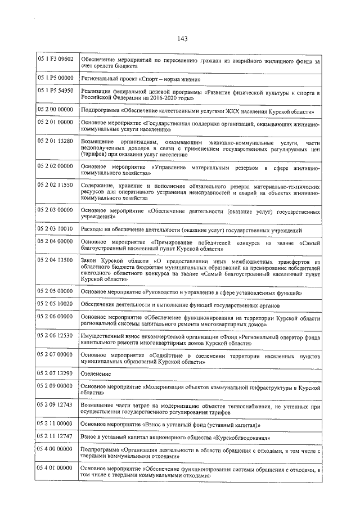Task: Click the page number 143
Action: pos(181,39)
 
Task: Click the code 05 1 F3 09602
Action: pos(56,59)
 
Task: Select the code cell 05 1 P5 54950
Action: pos(56,91)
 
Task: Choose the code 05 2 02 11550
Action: pos(56,185)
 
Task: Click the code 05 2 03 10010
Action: pos(56,229)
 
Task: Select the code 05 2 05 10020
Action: pos(56,304)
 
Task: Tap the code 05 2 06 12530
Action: pos(56,335)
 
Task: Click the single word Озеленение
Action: pos(96,374)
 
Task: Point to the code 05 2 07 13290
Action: pos(56,373)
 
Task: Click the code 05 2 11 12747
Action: pos(56,436)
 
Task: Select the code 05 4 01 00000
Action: pos(56,467)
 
